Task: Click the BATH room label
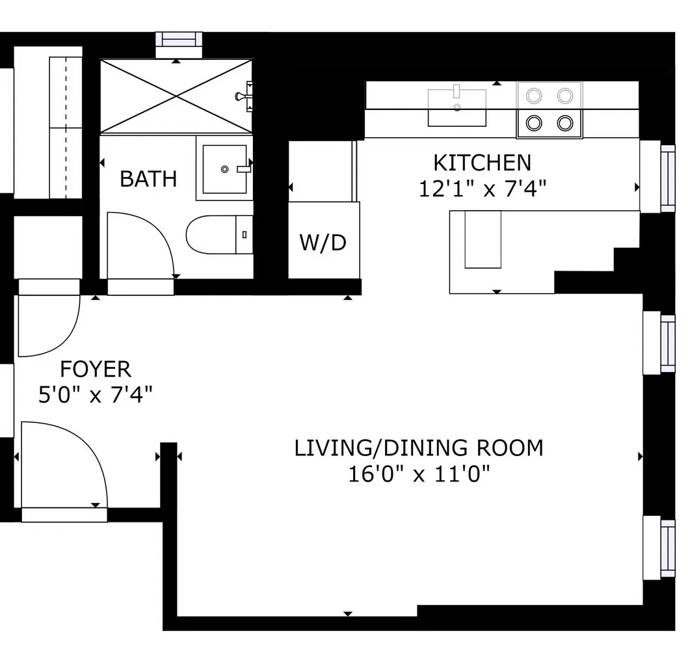[x=148, y=178]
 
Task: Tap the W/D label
[x=323, y=243]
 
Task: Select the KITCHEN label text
[x=482, y=162]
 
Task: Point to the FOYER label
[x=96, y=370]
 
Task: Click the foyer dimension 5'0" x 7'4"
[x=96, y=395]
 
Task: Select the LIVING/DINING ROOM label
[x=418, y=448]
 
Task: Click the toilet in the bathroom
[x=218, y=234]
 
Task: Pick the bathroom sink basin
[x=224, y=169]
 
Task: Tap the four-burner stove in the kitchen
[x=549, y=109]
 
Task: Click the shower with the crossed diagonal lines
[x=176, y=96]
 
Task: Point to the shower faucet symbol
[x=245, y=96]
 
